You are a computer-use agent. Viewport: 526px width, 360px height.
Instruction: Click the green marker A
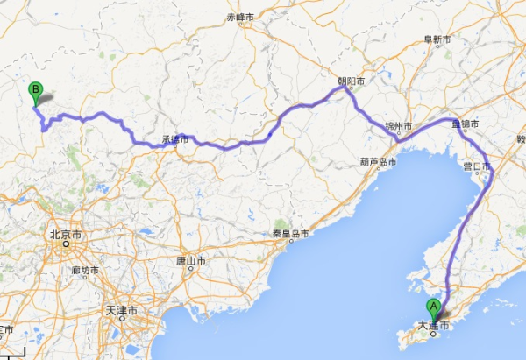click(432, 307)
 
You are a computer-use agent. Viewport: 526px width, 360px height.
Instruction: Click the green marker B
click(35, 89)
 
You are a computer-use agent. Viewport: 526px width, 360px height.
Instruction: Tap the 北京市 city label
click(67, 235)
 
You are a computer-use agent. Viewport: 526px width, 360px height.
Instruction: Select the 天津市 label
click(123, 311)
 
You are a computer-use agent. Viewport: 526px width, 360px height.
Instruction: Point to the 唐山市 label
click(190, 261)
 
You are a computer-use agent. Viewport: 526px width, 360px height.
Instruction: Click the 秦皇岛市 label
click(288, 234)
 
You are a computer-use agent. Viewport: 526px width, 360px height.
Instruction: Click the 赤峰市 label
click(239, 17)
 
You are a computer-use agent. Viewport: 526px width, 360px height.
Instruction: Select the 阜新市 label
click(437, 40)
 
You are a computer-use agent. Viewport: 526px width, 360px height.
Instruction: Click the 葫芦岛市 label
click(378, 162)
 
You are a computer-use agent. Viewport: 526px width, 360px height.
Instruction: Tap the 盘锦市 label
click(465, 125)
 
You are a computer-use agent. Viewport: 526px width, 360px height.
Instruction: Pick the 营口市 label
click(478, 165)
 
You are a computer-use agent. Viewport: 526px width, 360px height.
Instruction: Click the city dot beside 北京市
click(67, 245)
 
